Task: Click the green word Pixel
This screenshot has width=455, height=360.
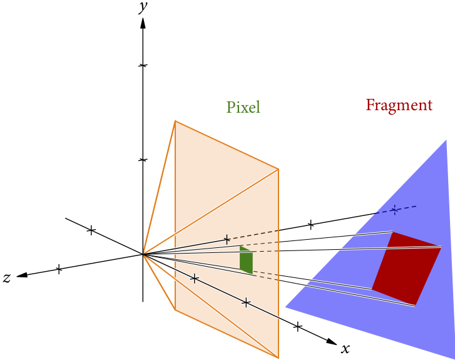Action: (243, 107)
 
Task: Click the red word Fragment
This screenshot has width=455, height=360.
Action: (399, 105)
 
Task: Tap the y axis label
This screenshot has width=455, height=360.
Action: (143, 8)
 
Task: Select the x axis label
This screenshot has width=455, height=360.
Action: (345, 347)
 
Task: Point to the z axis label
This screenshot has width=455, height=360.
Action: (7, 278)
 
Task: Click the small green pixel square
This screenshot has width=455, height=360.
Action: (246, 260)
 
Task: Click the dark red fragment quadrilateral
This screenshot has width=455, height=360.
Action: (405, 268)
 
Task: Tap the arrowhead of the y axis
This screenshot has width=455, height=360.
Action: (143, 23)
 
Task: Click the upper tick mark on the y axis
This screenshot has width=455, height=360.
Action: (143, 66)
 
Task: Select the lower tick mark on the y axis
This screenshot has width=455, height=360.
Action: (143, 160)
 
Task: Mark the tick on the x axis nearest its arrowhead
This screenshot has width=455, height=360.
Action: (298, 326)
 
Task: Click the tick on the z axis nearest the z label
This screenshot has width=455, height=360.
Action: (59, 269)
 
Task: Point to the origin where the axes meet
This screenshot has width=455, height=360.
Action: (143, 254)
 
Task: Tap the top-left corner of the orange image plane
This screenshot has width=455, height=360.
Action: (175, 121)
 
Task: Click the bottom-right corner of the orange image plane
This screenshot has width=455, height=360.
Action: (278, 357)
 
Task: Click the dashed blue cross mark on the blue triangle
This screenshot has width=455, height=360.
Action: (394, 210)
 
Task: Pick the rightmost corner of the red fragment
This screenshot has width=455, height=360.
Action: (441, 247)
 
